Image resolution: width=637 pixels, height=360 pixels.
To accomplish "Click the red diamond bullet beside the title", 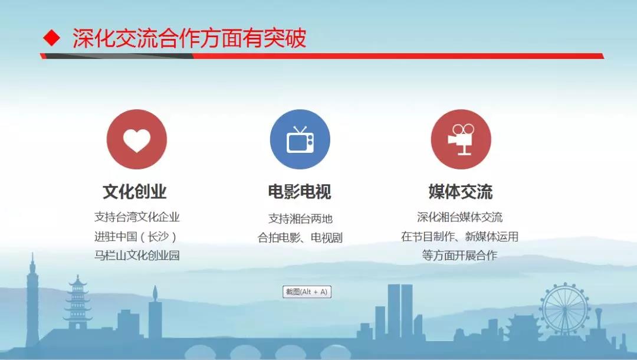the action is coord(51,38).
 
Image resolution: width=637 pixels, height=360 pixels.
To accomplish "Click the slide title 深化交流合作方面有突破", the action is coord(189,38).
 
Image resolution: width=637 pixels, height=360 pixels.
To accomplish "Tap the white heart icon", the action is coord(137,140).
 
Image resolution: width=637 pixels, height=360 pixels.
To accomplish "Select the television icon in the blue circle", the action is coord(300,140).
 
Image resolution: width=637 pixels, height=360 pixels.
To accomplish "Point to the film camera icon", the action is coord(461,139).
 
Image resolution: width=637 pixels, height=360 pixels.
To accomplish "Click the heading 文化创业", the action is coord(135,192).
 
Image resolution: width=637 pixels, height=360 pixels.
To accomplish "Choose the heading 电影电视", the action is coord(300,192).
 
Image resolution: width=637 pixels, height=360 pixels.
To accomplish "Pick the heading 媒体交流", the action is coord(461,192).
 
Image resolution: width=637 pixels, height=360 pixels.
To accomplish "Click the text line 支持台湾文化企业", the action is coord(137,217).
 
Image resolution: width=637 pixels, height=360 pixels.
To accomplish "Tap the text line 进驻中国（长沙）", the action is coord(136,237).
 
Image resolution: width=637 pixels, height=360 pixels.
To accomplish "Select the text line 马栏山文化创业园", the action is coord(137,255).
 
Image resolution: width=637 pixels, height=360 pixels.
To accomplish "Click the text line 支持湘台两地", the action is coord(300,218).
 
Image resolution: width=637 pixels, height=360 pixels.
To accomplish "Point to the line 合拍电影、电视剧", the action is coord(300,237).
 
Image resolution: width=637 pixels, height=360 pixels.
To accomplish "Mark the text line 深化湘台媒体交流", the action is coord(459,217).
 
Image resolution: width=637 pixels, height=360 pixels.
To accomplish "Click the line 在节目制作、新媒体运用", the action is coord(459,236).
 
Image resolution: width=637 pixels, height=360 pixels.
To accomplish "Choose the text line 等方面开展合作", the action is coord(459,255).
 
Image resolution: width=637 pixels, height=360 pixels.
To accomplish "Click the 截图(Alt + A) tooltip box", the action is coord(307,292).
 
